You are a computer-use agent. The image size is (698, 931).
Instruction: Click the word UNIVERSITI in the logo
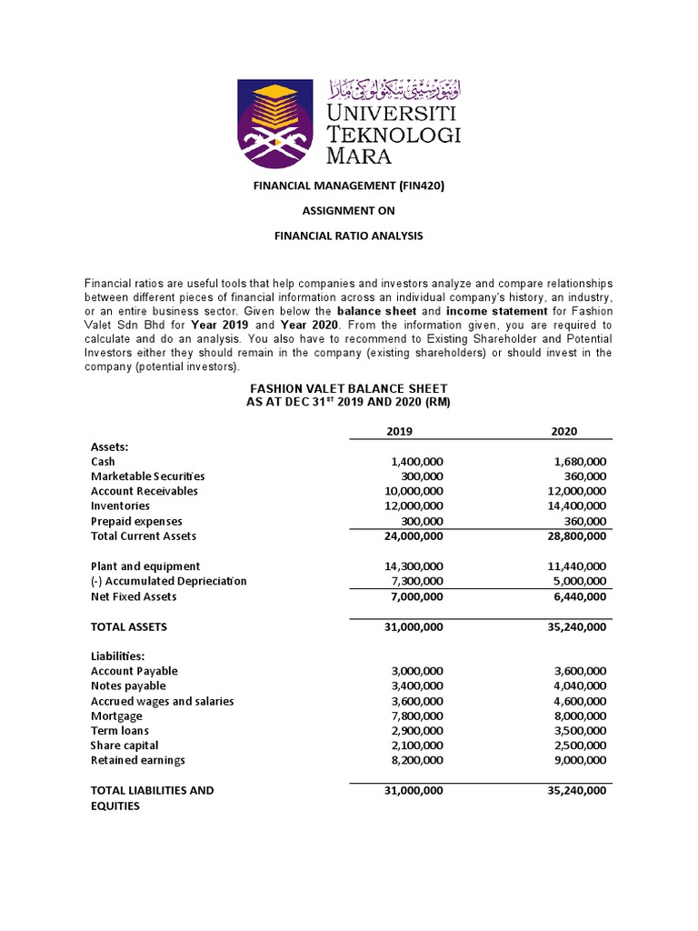[393, 114]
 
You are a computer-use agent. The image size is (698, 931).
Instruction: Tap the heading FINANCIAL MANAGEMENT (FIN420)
[349, 185]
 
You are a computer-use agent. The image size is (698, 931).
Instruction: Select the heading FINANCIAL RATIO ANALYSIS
[349, 235]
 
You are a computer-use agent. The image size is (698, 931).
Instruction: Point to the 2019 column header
[400, 431]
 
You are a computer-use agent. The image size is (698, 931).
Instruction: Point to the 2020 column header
[563, 431]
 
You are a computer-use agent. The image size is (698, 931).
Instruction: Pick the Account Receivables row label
[145, 491]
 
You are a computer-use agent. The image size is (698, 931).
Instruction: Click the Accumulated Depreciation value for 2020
[578, 581]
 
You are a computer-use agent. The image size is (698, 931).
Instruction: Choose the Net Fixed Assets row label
[134, 596]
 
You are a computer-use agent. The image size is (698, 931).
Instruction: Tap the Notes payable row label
[128, 686]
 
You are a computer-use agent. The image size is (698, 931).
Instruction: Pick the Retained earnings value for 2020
[578, 760]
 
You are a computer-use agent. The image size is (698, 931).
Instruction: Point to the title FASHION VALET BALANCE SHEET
[349, 388]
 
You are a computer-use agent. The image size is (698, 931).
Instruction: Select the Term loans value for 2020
[578, 730]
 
